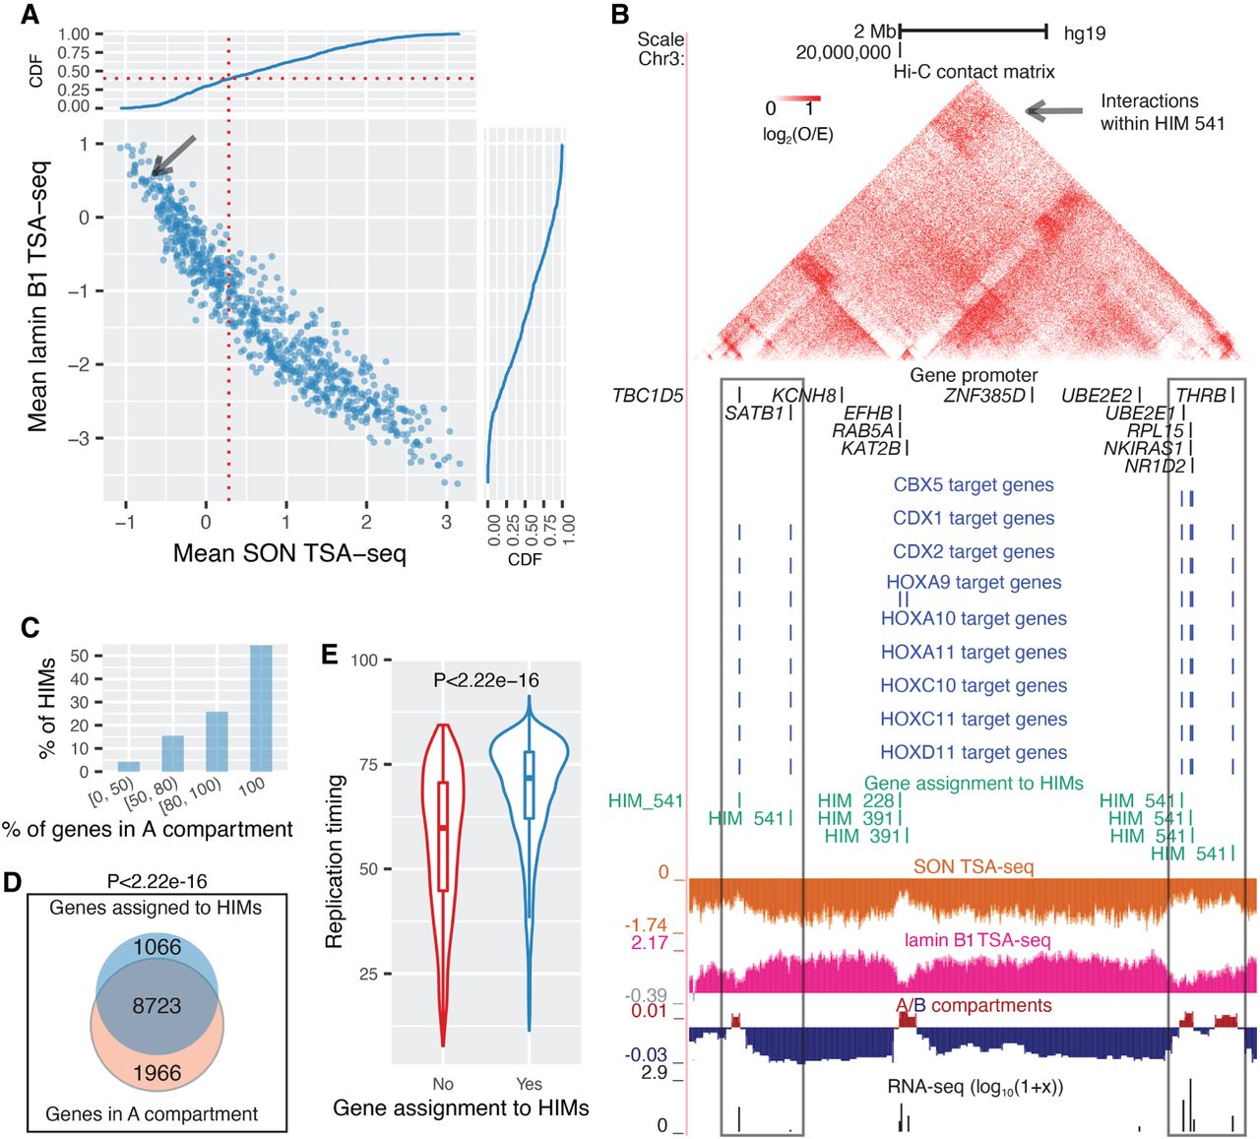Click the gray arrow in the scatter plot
[x=174, y=158]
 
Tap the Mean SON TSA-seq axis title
[x=289, y=553]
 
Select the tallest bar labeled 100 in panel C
[x=261, y=708]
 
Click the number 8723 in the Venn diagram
[x=157, y=1005]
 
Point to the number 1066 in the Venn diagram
[x=157, y=947]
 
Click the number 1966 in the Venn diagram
[x=157, y=1072]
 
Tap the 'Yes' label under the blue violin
[x=529, y=1084]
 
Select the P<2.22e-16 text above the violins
[x=486, y=680]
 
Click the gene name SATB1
[x=754, y=413]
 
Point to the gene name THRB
[x=1201, y=396]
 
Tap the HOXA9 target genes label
[x=974, y=583]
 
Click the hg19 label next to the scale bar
[x=1085, y=33]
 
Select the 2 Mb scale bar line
[x=973, y=32]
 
